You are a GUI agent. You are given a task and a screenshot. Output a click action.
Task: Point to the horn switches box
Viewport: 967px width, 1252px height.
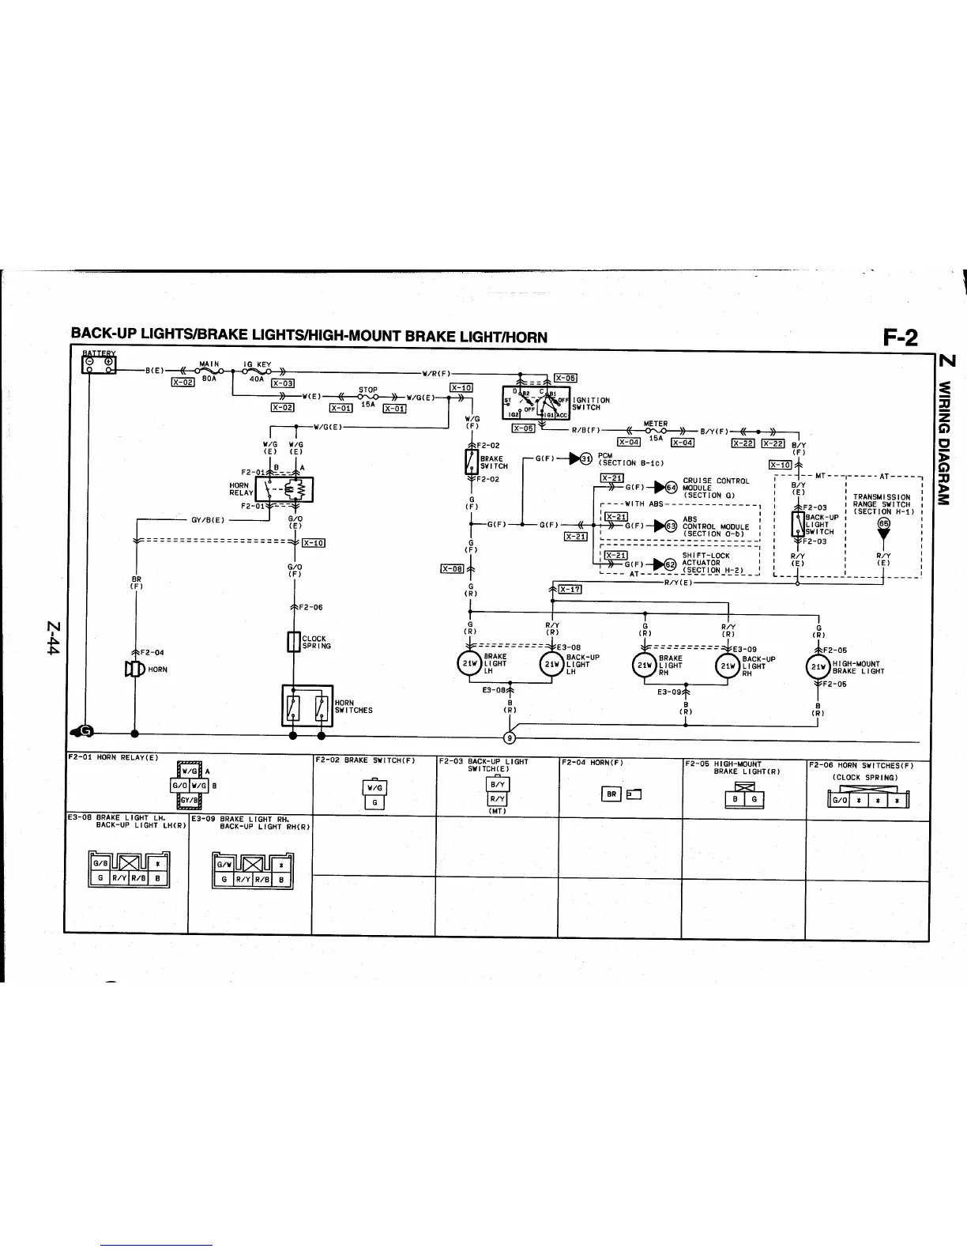(307, 705)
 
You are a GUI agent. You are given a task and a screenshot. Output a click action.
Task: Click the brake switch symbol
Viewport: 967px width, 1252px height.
(472, 462)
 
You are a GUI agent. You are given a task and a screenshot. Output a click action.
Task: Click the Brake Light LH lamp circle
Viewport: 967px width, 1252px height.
(471, 665)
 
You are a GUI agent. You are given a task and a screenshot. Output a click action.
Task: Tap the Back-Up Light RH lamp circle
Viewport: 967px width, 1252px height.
(728, 665)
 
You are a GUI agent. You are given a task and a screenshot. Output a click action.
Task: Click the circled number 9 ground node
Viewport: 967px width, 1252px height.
(510, 738)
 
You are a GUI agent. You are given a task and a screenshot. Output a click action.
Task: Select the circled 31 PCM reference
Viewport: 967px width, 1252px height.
(585, 458)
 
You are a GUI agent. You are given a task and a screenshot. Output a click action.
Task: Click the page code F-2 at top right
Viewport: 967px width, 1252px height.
(901, 338)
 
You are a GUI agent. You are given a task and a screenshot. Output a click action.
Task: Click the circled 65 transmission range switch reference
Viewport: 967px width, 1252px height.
(884, 522)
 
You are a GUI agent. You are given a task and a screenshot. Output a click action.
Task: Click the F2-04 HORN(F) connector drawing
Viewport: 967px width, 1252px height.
(622, 794)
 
